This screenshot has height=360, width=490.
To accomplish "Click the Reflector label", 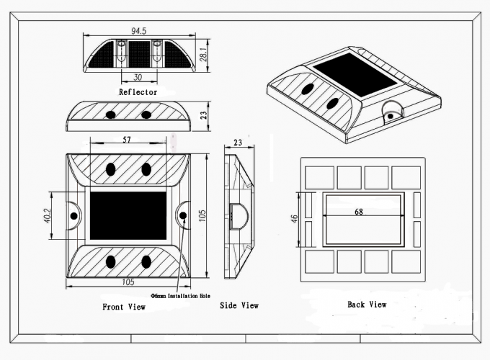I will (137, 92).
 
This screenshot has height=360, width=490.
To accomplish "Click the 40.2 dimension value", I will (48, 216).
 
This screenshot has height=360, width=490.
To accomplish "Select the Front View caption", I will (123, 307).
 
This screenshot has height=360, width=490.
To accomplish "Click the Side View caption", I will (239, 306).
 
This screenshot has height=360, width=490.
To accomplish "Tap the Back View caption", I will (367, 305).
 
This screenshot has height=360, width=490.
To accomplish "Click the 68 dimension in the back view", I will (358, 212).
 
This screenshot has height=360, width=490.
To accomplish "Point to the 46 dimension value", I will (294, 218).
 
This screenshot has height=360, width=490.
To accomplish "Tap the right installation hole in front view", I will (183, 216).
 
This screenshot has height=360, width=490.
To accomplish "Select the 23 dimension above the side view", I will (239, 143).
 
